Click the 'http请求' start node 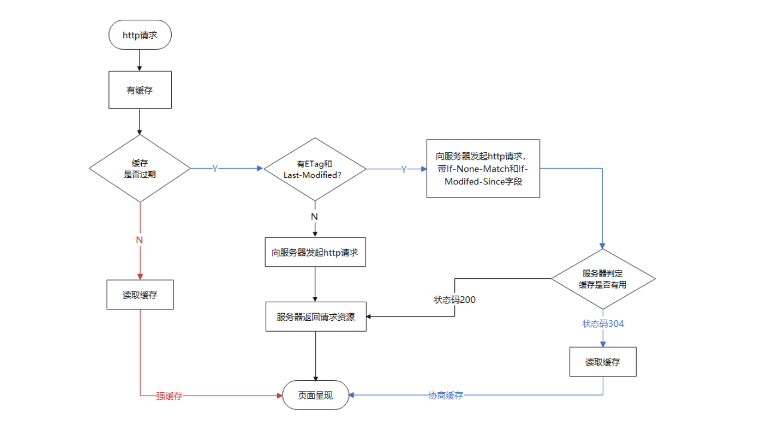pos(139,35)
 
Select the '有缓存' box pos(139,90)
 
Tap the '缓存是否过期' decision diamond pos(139,169)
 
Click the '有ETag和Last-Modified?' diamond pos(315,169)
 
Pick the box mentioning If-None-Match pos(483,169)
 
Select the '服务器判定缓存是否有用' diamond pos(603,279)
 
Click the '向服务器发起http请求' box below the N pos(315,252)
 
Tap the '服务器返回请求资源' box pos(315,317)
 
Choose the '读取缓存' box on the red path pos(139,295)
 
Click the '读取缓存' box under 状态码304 pos(603,362)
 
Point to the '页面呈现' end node pos(315,395)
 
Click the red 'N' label pos(139,240)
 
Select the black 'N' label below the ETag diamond pos(315,216)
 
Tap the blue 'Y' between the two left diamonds pos(215,169)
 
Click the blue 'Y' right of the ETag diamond pos(403,169)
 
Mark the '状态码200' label pos(455,299)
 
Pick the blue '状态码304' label pos(603,323)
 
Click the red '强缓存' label pos(169,396)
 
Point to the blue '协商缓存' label pos(446,395)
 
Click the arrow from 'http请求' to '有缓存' pos(139,60)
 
